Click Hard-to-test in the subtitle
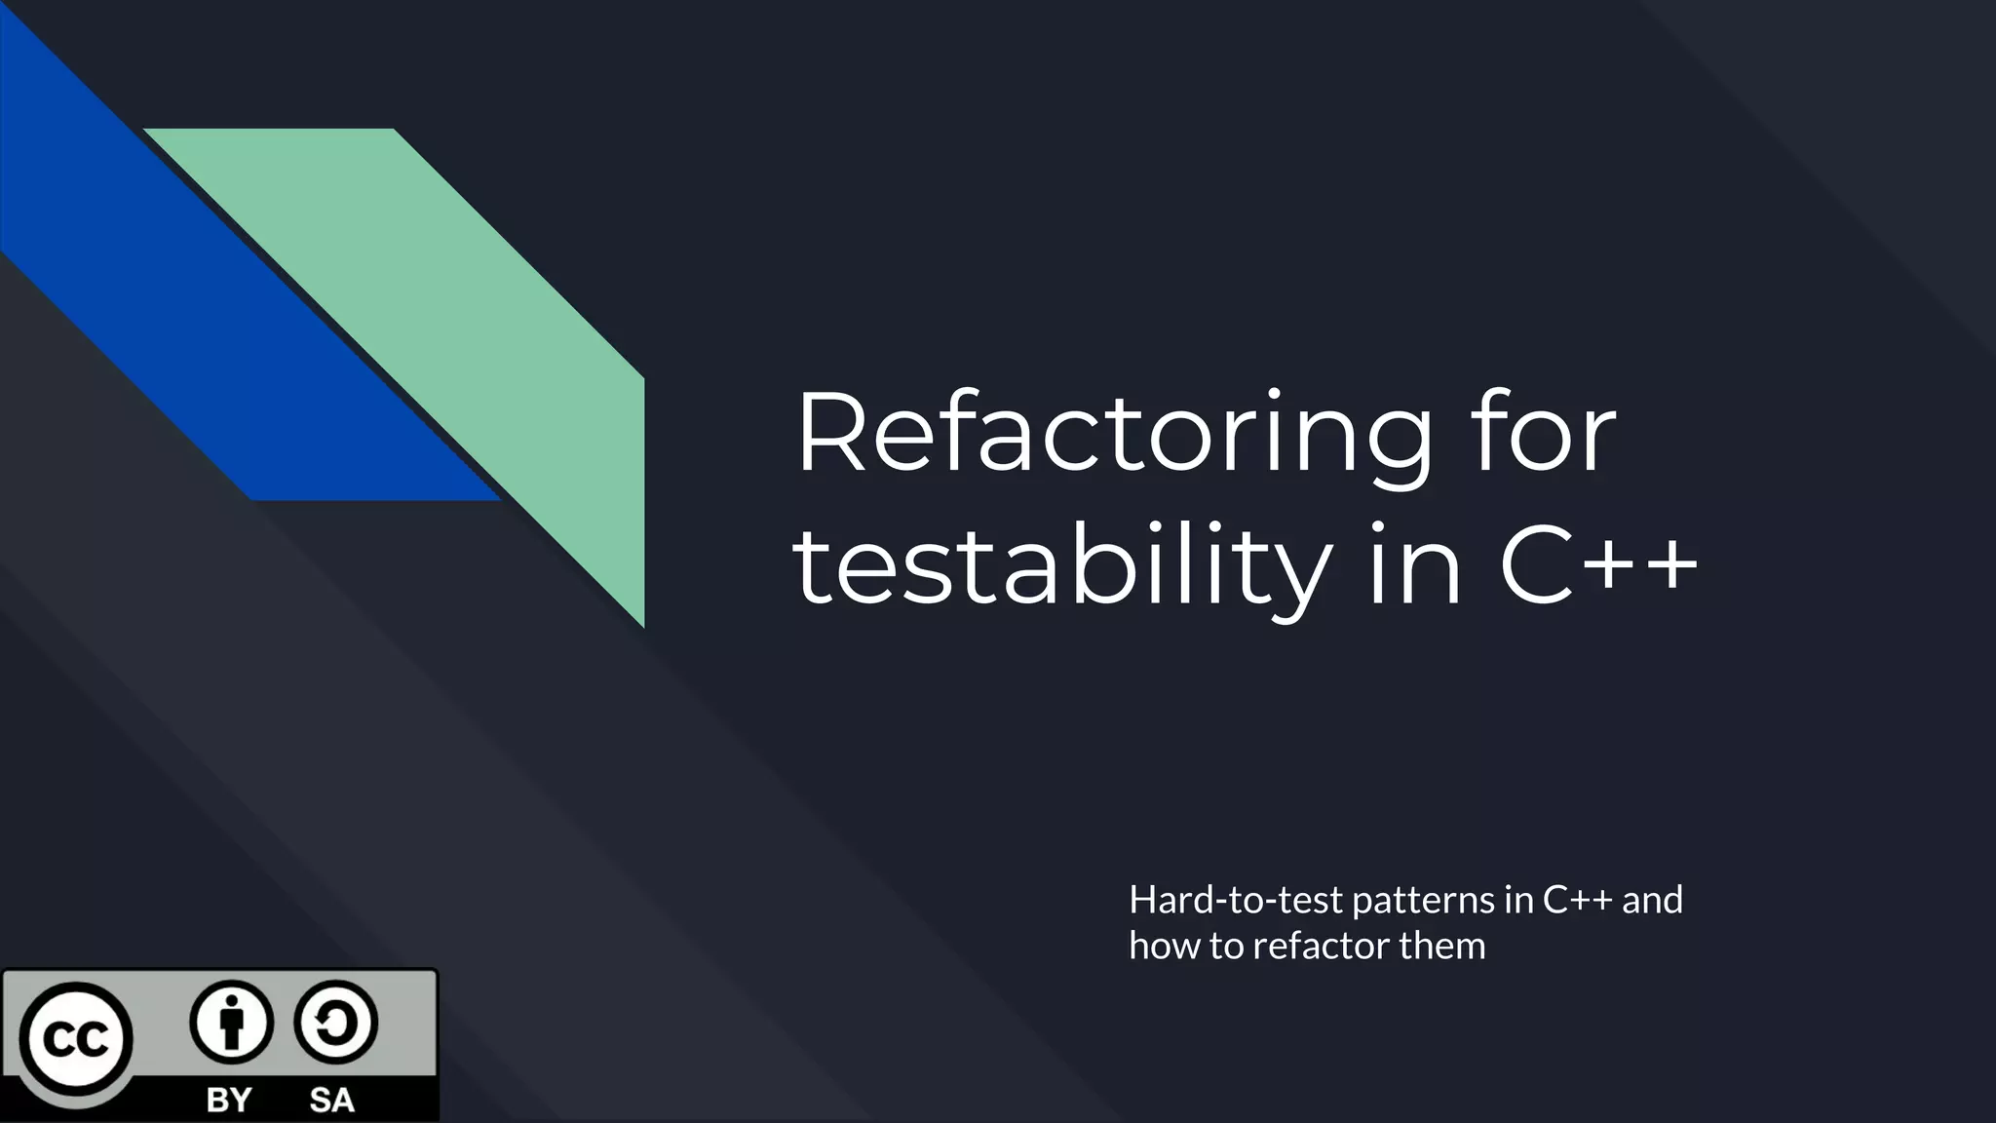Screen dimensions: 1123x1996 point(1235,900)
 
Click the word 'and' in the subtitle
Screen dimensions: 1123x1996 point(1653,900)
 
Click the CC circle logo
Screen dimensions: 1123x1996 point(76,1039)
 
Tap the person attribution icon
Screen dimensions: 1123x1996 point(231,1022)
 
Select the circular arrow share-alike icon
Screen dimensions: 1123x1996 point(334,1022)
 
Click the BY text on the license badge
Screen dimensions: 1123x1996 point(229,1100)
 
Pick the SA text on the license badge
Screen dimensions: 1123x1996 point(331,1100)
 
